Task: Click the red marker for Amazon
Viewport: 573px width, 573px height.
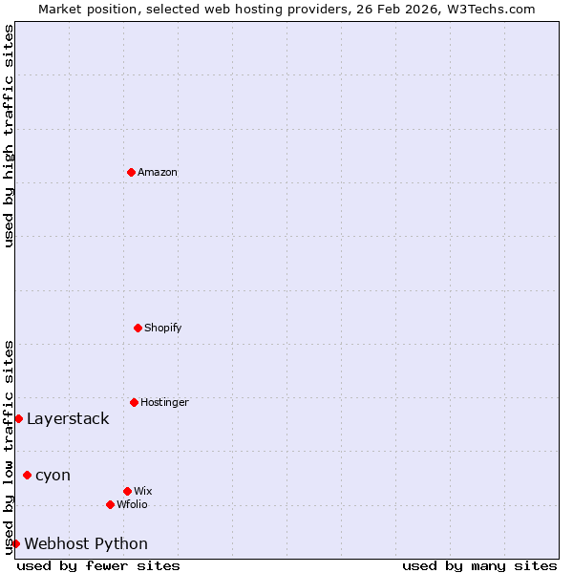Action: point(131,172)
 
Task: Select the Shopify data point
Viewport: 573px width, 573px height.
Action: point(138,328)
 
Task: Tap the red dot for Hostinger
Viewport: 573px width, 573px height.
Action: point(134,402)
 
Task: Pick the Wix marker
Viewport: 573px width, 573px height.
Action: point(127,491)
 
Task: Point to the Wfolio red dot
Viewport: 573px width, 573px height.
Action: point(110,504)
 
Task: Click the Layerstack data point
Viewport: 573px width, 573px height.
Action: point(18,418)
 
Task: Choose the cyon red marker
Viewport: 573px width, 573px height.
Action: point(27,475)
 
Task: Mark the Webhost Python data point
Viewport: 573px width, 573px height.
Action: point(15,543)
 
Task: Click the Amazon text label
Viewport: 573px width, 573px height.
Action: point(158,172)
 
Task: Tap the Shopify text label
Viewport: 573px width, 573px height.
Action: point(163,328)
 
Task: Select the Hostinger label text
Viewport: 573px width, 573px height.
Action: point(164,402)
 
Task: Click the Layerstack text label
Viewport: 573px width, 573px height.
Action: point(68,418)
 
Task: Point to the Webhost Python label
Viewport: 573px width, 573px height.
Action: point(86,543)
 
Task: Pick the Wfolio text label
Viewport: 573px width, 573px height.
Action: point(132,504)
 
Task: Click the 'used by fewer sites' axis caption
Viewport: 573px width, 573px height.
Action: point(98,565)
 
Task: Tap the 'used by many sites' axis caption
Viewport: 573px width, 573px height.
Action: point(479,565)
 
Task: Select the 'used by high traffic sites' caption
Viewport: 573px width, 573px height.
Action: point(9,136)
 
